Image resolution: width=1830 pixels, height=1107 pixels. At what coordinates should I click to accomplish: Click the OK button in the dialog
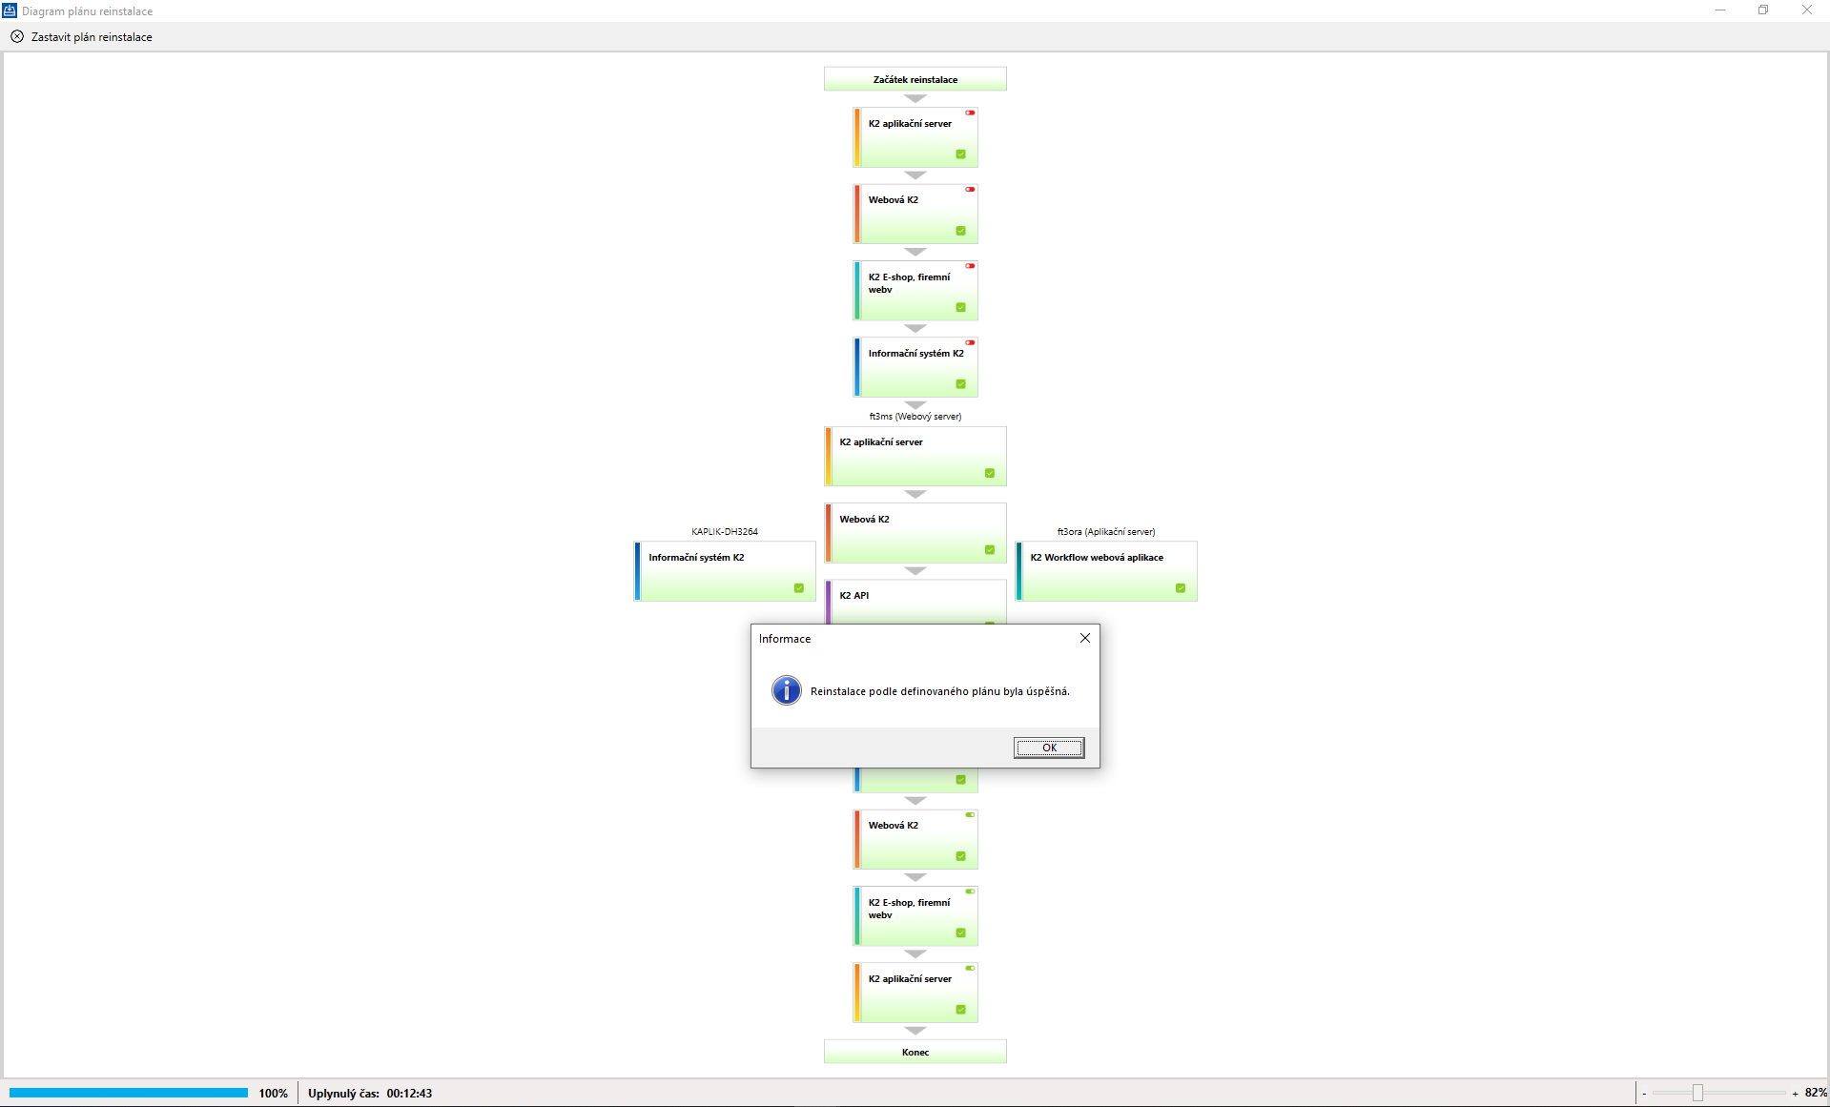coord(1048,748)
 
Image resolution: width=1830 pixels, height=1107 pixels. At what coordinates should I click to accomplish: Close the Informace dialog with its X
coord(1084,638)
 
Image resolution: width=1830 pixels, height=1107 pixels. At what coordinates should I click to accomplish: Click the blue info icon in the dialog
coord(786,690)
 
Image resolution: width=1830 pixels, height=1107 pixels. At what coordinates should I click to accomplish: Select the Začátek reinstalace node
coord(915,79)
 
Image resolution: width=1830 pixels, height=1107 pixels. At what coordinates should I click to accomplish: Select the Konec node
coord(915,1052)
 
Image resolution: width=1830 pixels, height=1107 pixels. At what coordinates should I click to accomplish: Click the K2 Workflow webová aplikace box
coord(1106,570)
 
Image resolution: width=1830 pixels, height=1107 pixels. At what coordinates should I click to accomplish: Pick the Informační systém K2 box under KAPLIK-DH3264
coord(725,570)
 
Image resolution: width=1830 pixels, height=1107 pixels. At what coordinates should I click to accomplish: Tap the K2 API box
coord(915,601)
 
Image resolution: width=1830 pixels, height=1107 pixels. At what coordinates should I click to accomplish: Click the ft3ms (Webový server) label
coord(915,416)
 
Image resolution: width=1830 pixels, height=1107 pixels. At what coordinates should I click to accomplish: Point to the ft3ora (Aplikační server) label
coord(1105,531)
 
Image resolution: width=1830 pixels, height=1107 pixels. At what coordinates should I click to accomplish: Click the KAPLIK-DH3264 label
coord(724,531)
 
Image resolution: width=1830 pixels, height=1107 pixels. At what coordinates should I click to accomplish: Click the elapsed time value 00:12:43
coord(409,1094)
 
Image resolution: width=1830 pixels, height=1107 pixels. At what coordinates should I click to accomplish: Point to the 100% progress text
coord(273,1094)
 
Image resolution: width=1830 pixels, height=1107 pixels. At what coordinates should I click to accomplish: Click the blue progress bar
coord(129,1093)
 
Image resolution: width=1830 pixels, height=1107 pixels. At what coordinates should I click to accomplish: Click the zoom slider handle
coord(1697,1093)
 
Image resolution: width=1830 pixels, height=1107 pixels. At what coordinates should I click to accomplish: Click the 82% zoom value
coord(1815,1093)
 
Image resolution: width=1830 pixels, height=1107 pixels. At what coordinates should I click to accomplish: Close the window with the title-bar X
coord(1806,10)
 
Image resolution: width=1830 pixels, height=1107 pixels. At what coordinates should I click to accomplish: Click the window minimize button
coord(1720,10)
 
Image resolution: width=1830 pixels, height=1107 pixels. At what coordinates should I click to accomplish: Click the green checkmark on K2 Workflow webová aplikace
coord(1181,588)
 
